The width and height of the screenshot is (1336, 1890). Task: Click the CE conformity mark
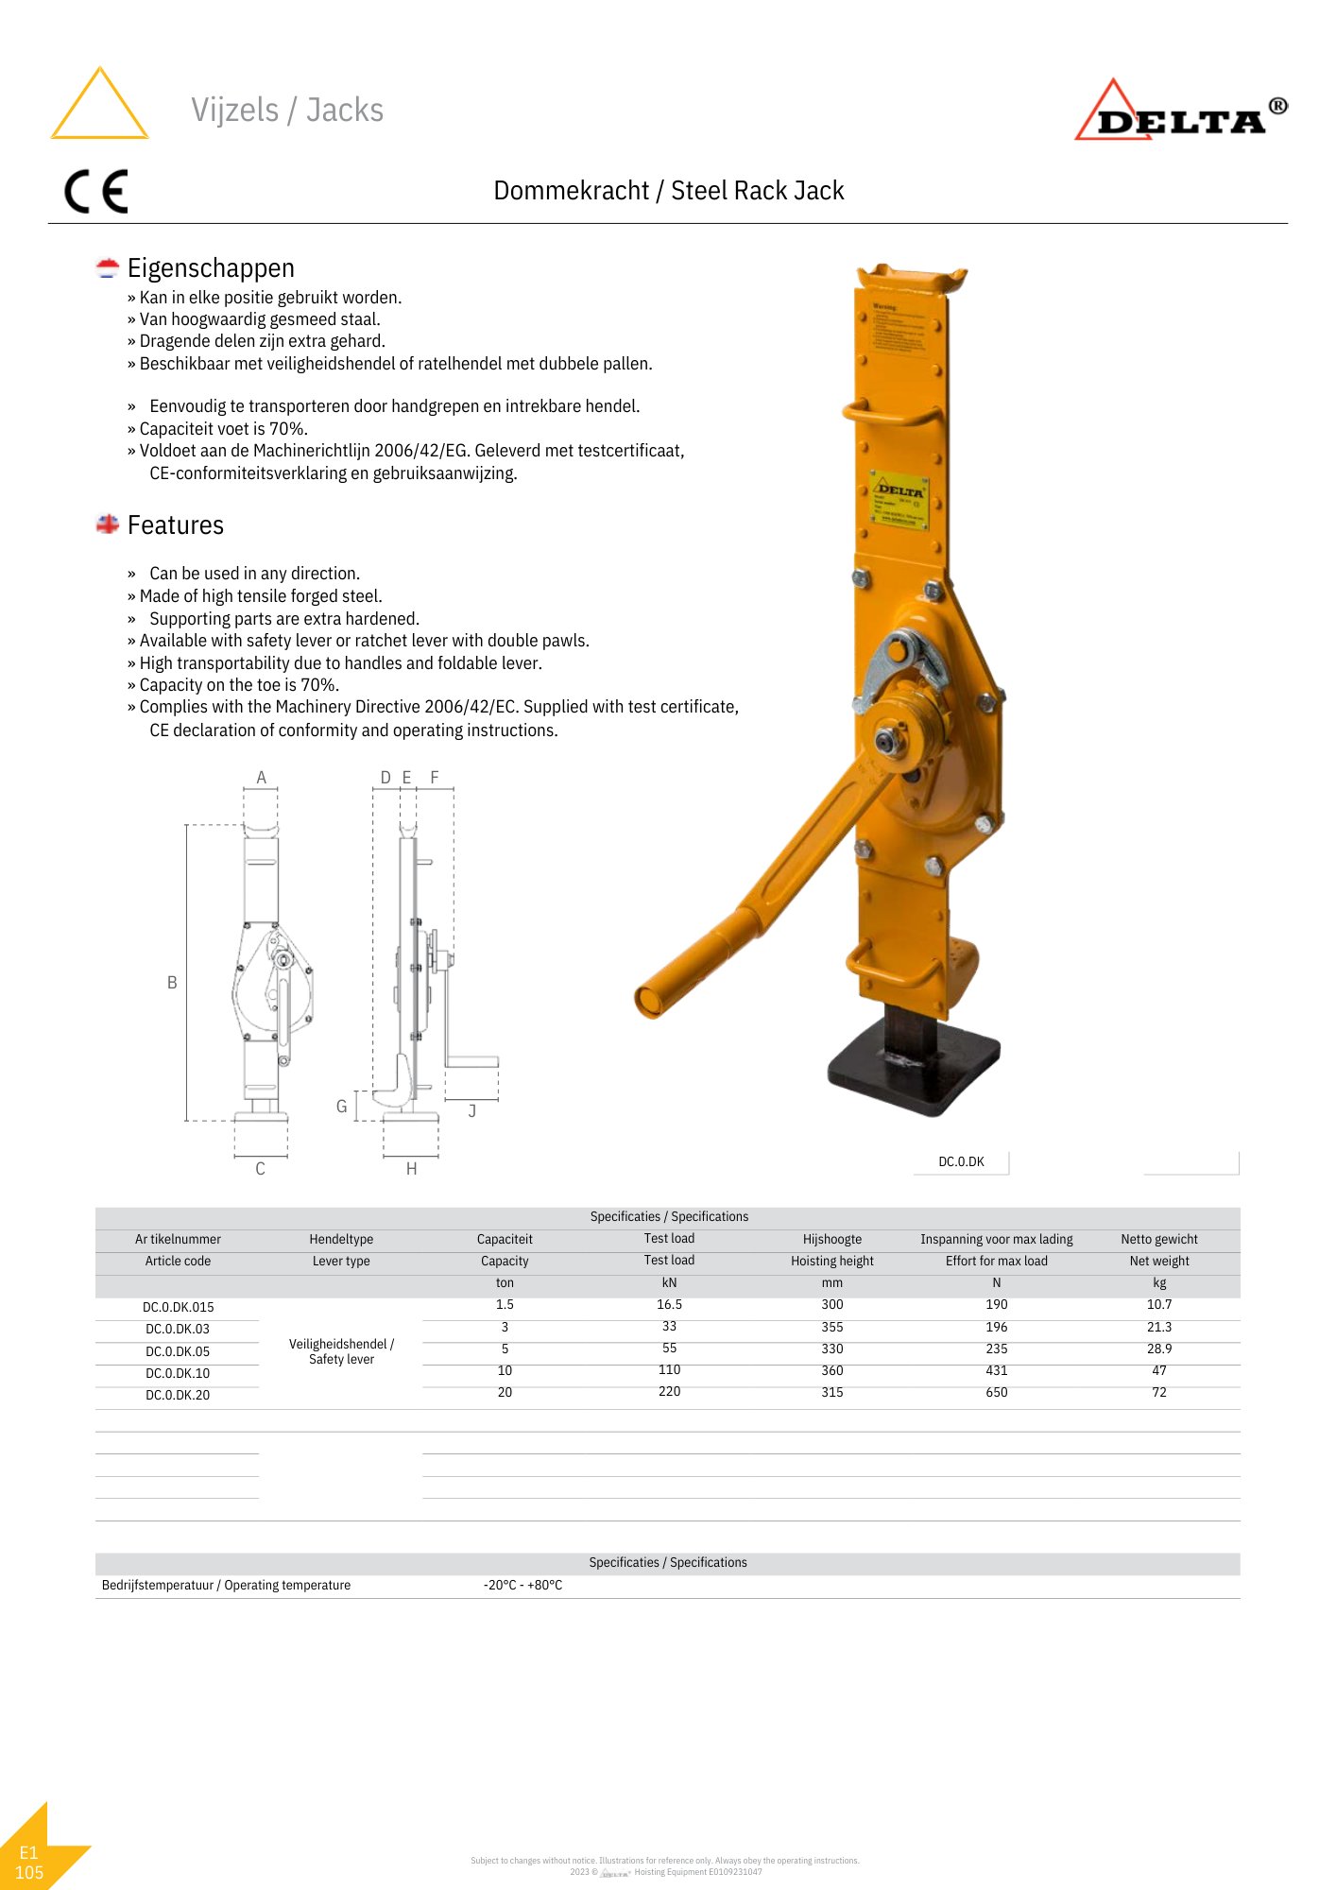tap(95, 192)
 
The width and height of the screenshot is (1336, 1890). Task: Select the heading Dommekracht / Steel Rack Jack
tap(668, 191)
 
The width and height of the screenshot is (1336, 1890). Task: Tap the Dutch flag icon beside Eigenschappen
tap(108, 268)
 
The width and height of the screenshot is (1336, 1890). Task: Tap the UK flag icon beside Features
tap(108, 524)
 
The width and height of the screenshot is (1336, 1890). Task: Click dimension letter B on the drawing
tap(172, 983)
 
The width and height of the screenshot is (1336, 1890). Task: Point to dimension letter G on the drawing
tap(342, 1106)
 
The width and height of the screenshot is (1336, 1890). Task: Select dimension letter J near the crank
tap(472, 1111)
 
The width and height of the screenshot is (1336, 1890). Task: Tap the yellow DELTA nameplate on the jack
tap(899, 500)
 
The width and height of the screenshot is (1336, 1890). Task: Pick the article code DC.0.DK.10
tap(178, 1373)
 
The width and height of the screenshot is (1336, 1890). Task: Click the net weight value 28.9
tap(1158, 1349)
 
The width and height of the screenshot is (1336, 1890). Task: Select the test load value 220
tap(669, 1391)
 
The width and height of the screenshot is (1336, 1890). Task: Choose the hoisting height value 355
tap(831, 1327)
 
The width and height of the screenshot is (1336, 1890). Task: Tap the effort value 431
tap(996, 1370)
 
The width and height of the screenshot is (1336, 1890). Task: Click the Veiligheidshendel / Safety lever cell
tap(341, 1351)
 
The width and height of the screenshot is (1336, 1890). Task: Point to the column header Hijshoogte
tap(831, 1239)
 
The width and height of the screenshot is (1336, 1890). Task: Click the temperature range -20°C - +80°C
tap(522, 1585)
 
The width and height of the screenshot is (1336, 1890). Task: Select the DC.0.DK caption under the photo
tap(961, 1161)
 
